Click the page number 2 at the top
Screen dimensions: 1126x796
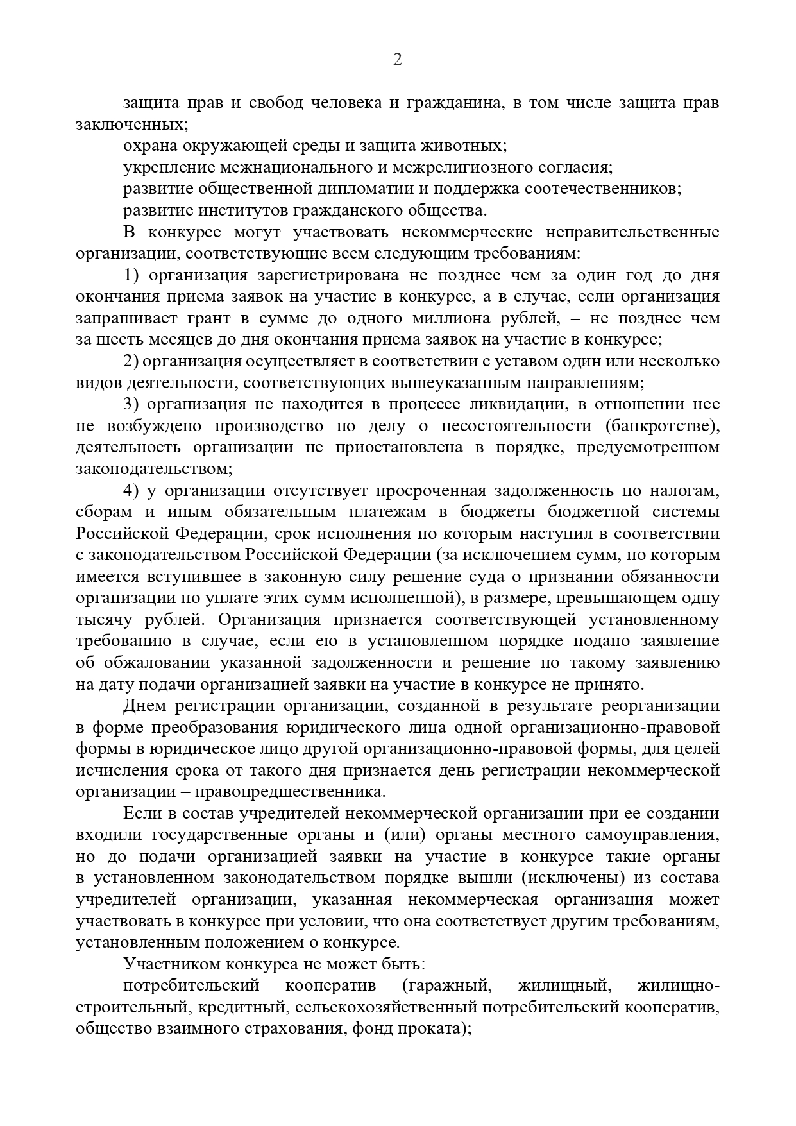[x=397, y=60]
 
